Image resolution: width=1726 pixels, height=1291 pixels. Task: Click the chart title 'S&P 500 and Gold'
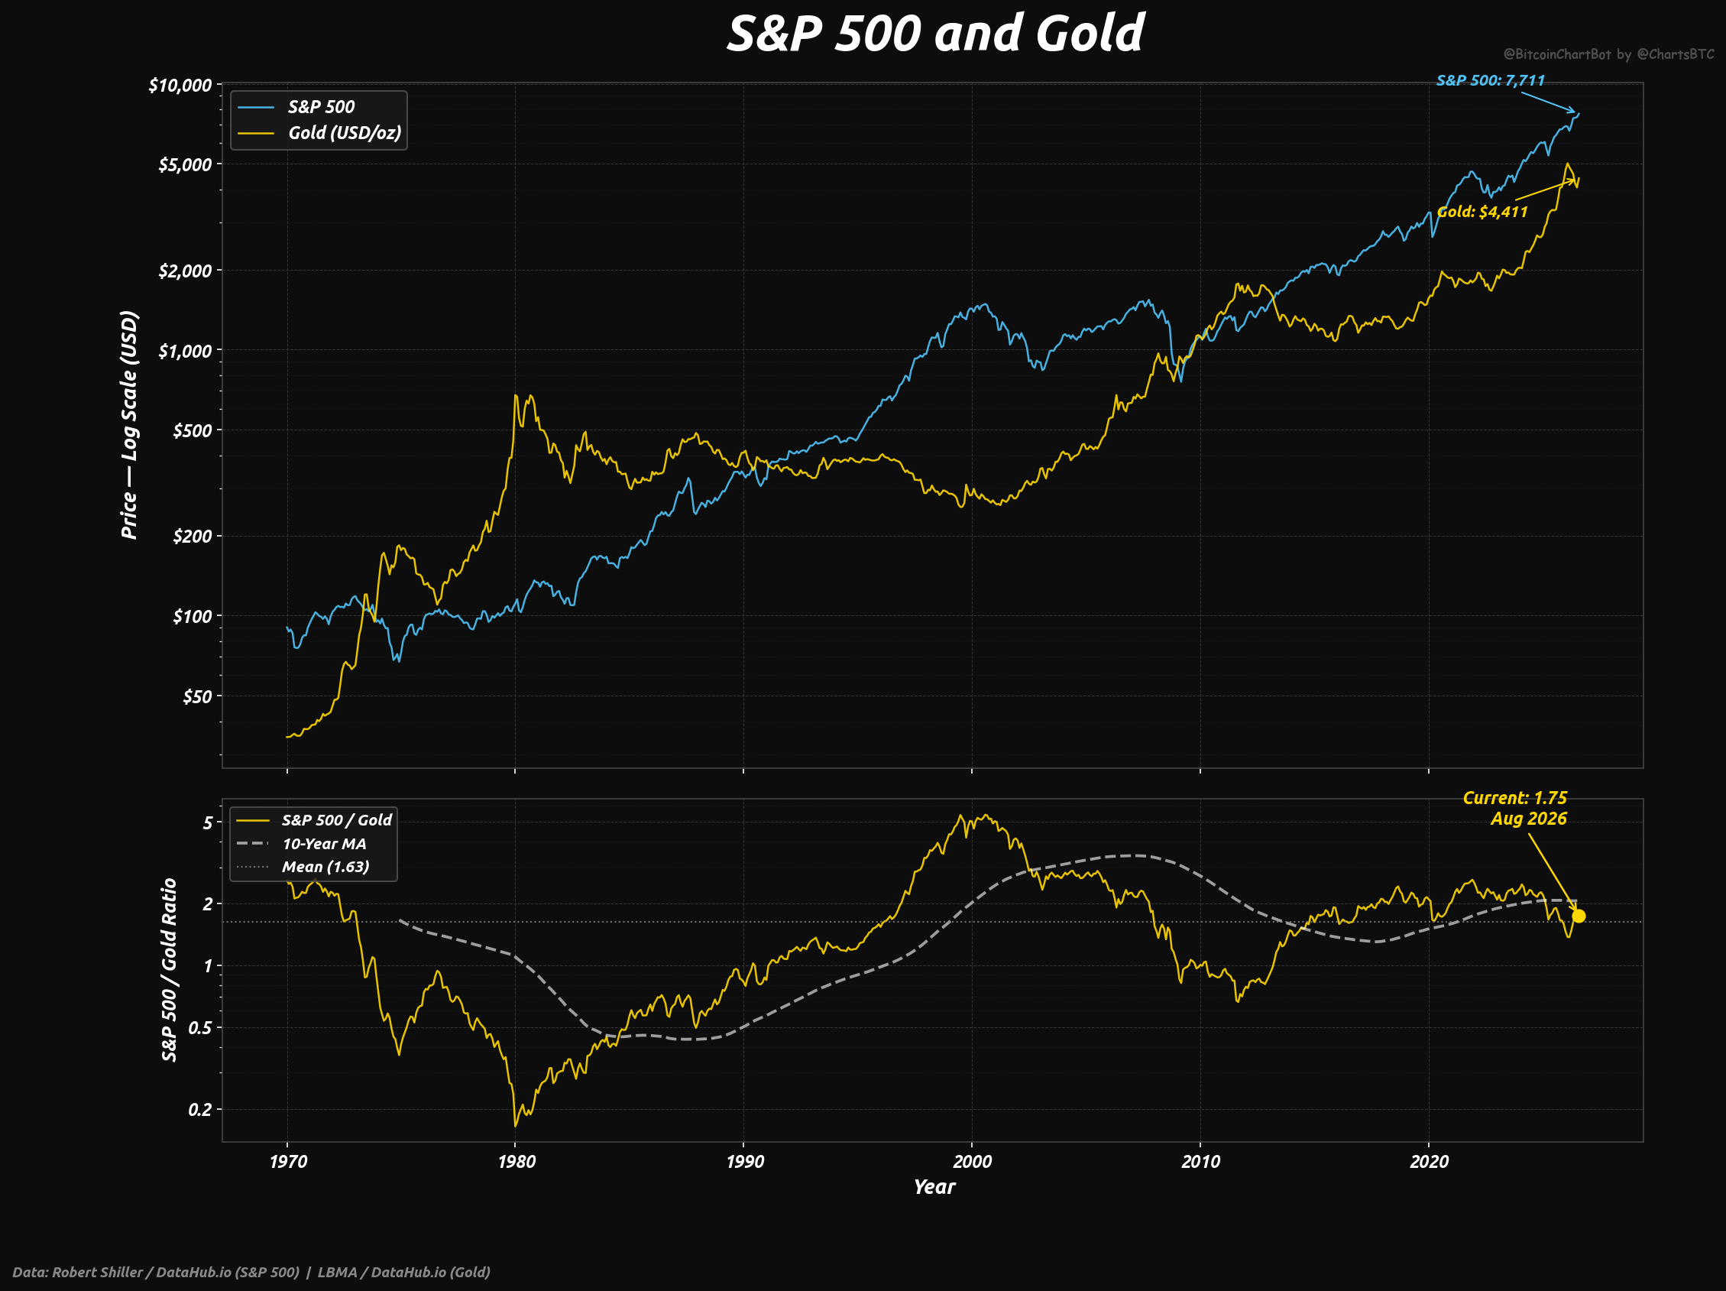934,34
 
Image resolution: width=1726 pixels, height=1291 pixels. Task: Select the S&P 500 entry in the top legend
296,107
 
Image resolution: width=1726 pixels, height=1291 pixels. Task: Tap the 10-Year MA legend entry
301,844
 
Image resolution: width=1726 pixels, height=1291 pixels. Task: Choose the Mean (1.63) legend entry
303,866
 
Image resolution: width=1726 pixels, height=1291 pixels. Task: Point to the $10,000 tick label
180,84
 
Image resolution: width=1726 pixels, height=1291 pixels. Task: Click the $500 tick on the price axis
192,430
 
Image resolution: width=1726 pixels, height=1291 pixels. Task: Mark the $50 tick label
196,696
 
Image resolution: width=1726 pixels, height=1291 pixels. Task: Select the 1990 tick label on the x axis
743,1161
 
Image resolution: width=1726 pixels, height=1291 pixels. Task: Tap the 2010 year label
1200,1161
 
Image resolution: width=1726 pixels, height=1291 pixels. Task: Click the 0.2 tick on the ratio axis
199,1109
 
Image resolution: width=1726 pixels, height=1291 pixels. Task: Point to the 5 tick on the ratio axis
207,822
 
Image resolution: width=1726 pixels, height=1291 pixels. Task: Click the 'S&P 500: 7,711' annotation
1491,80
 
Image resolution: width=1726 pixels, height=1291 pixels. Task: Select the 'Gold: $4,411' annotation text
1482,212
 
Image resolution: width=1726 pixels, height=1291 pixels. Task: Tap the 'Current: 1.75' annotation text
1514,798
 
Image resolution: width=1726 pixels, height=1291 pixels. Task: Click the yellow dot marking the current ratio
1579,916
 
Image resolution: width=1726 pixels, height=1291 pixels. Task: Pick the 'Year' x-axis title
934,1187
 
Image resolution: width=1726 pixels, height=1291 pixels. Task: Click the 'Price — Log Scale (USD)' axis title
130,426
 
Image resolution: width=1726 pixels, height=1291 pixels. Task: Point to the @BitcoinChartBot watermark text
1609,54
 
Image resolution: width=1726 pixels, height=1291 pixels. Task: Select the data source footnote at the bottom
251,1272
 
